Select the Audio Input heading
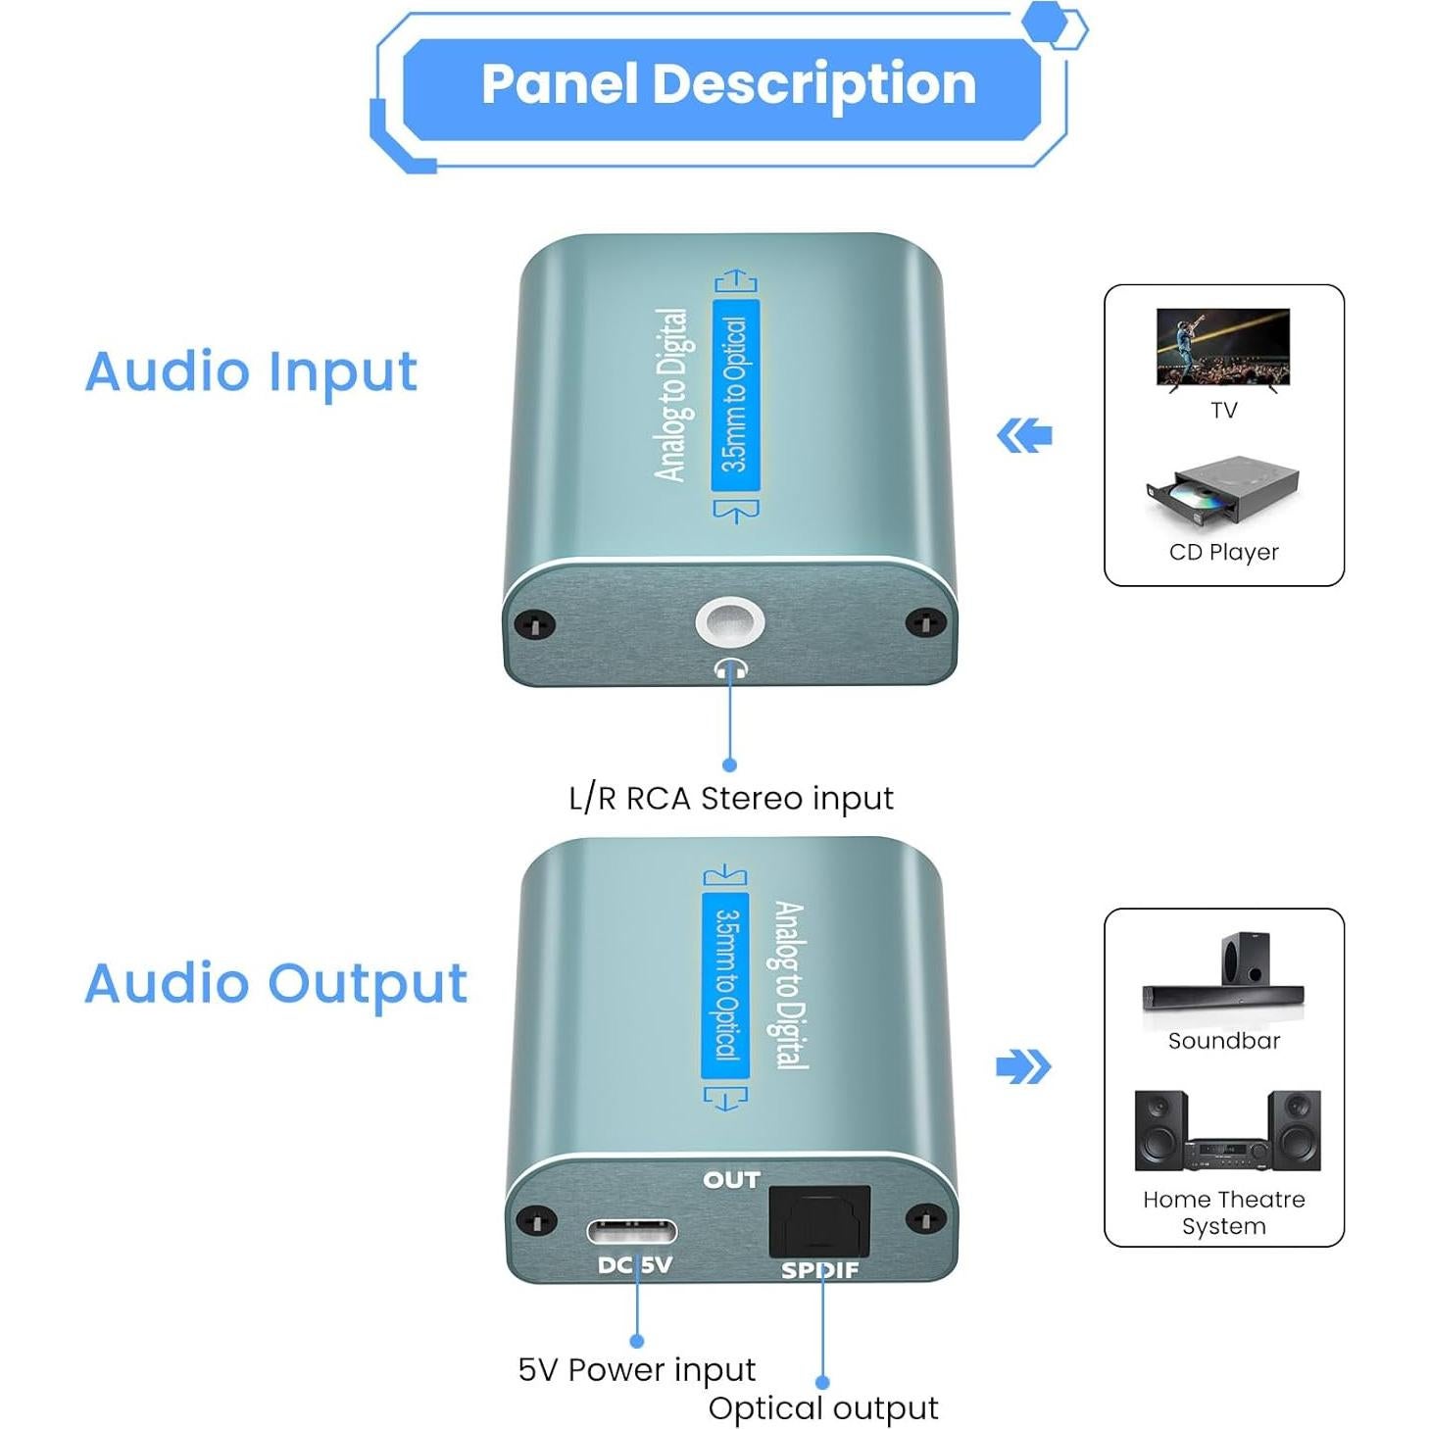click(x=251, y=372)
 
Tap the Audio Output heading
click(x=275, y=984)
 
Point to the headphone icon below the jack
click(x=730, y=669)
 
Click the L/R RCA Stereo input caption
click(x=730, y=799)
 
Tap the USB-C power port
click(x=631, y=1231)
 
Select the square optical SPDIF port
click(x=819, y=1221)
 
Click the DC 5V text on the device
click(x=634, y=1265)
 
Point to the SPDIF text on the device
click(x=819, y=1270)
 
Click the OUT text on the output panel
click(x=731, y=1180)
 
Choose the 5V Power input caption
click(x=636, y=1369)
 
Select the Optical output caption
click(x=822, y=1408)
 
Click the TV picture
click(x=1222, y=349)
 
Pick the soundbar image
click(x=1222, y=975)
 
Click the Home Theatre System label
click(x=1223, y=1212)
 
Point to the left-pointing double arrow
click(x=1024, y=435)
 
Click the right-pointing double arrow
click(x=1022, y=1066)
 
